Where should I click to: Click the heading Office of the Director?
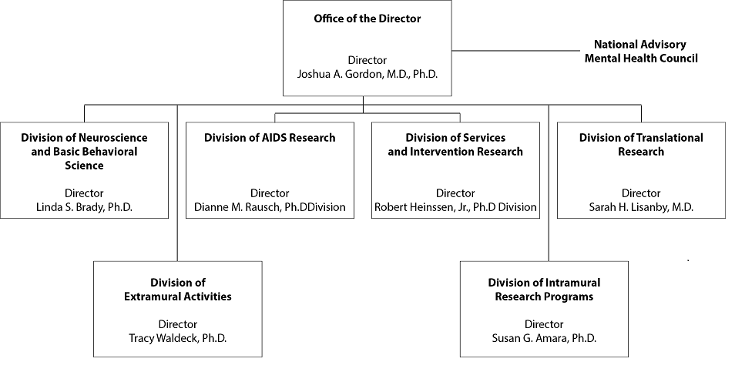pyautogui.click(x=367, y=18)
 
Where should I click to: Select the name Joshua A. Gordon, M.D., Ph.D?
pyautogui.click(x=367, y=74)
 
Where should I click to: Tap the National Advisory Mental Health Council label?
pyautogui.click(x=641, y=51)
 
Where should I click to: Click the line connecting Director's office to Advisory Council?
pyautogui.click(x=516, y=51)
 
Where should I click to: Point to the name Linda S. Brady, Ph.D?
pyautogui.click(x=85, y=207)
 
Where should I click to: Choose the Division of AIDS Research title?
pyautogui.click(x=270, y=138)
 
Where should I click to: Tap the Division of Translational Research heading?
pyautogui.click(x=641, y=144)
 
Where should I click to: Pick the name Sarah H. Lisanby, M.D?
pyautogui.click(x=641, y=207)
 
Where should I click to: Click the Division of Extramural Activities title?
pyautogui.click(x=178, y=290)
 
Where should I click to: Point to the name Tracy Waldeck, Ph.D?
pyautogui.click(x=178, y=338)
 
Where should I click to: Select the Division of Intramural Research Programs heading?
pyautogui.click(x=544, y=290)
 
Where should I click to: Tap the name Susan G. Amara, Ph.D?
pyautogui.click(x=544, y=338)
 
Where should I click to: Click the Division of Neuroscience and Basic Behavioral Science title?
pyautogui.click(x=85, y=151)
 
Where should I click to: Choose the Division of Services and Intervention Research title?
pyautogui.click(x=455, y=144)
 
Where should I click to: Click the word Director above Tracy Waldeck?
pyautogui.click(x=178, y=324)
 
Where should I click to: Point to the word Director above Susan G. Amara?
pyautogui.click(x=544, y=324)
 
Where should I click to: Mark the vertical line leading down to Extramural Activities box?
pyautogui.click(x=177, y=183)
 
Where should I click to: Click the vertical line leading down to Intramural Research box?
pyautogui.click(x=549, y=183)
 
